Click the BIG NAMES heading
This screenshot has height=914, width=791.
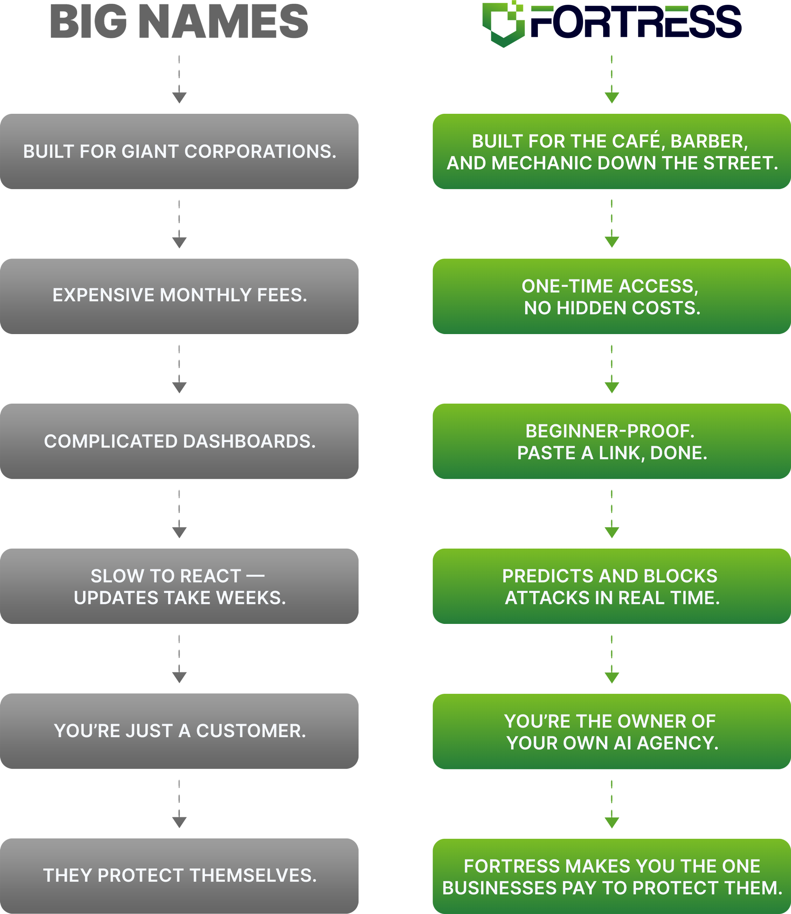point(179,22)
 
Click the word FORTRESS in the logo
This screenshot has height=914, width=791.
point(636,22)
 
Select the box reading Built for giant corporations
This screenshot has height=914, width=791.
point(179,151)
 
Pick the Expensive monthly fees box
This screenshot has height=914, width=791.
point(179,296)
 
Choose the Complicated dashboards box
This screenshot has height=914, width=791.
point(179,441)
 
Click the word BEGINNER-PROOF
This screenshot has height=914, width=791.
point(610,431)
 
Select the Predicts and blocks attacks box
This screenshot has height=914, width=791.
point(612,586)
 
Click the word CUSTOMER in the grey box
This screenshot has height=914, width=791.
point(251,731)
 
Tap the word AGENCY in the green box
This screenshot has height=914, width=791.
point(677,743)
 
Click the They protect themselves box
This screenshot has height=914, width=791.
point(179,876)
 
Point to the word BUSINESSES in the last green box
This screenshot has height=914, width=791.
point(500,888)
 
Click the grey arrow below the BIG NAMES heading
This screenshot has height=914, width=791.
point(179,79)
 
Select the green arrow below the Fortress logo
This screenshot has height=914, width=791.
point(612,79)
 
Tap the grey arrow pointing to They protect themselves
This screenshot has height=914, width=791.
point(179,804)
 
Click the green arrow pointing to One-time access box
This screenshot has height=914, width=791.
point(612,224)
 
